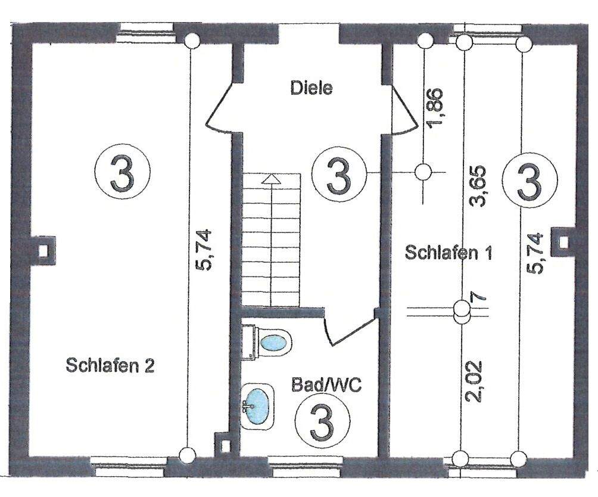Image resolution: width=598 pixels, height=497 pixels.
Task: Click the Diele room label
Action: click(311, 89)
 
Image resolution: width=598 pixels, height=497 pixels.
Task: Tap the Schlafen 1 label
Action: click(448, 252)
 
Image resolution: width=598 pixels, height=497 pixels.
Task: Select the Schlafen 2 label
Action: click(110, 365)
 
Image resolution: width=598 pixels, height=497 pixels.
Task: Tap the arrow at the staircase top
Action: click(271, 178)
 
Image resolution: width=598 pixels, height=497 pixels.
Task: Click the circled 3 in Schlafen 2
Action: click(122, 172)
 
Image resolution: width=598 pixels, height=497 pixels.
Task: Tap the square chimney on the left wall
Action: click(43, 248)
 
